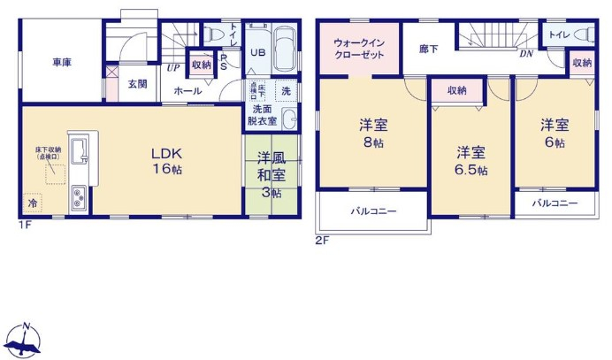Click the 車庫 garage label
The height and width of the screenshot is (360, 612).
(x=61, y=62)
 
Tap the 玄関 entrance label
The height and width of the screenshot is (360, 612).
(x=136, y=84)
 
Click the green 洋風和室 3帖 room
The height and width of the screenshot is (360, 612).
(x=270, y=174)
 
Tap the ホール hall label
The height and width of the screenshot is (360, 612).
(x=187, y=91)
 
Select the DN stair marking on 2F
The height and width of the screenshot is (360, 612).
(x=525, y=53)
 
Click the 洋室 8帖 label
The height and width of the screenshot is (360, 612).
(x=372, y=133)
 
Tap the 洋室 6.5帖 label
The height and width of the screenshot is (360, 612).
(x=471, y=160)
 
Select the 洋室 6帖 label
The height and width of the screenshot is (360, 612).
(x=555, y=133)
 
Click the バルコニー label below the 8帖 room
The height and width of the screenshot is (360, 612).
(x=372, y=212)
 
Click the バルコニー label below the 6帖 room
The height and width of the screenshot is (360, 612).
(x=555, y=203)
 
